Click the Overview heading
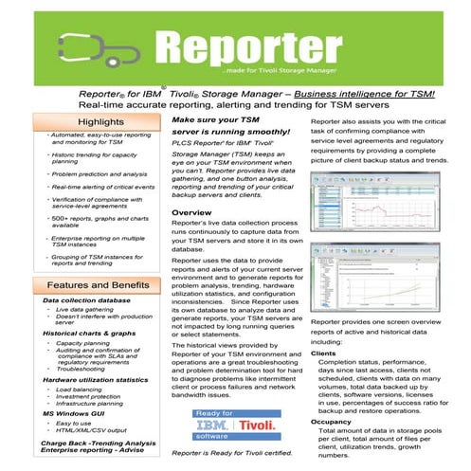(198, 214)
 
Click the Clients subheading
(325, 352)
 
